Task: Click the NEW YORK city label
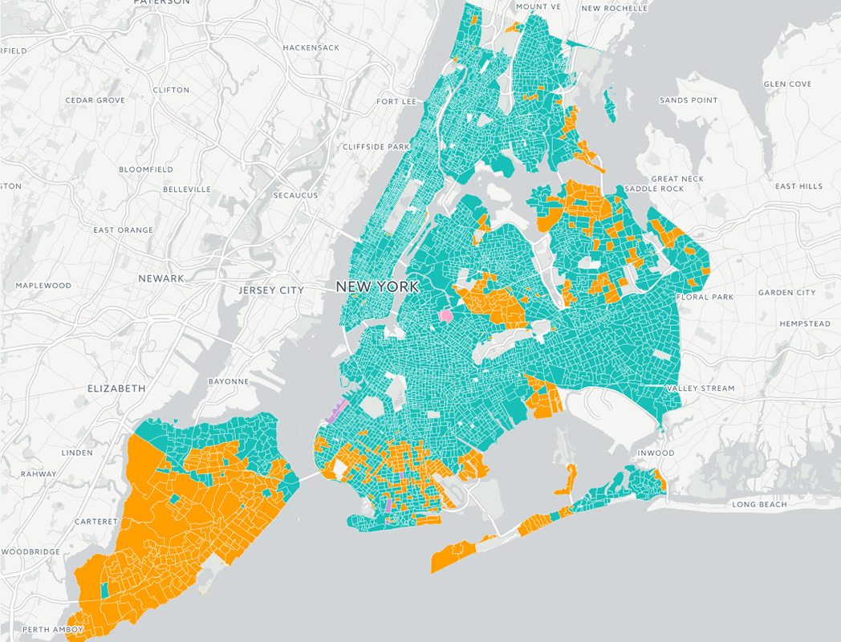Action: pyautogui.click(x=376, y=286)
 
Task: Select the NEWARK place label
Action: pyautogui.click(x=160, y=278)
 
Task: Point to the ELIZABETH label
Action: pyautogui.click(x=116, y=388)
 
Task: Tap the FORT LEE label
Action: pyautogui.click(x=396, y=102)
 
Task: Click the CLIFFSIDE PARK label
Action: pyautogui.click(x=376, y=147)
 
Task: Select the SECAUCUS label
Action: pyautogui.click(x=295, y=195)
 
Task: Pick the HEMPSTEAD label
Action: pyautogui.click(x=805, y=323)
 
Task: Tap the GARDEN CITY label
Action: pyautogui.click(x=786, y=293)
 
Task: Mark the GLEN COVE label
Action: pyautogui.click(x=787, y=84)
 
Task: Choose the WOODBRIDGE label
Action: pyautogui.click(x=30, y=552)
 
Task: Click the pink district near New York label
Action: pyautogui.click(x=445, y=316)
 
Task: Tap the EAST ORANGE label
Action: pyautogui.click(x=123, y=230)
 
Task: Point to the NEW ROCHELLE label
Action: pyautogui.click(x=613, y=8)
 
